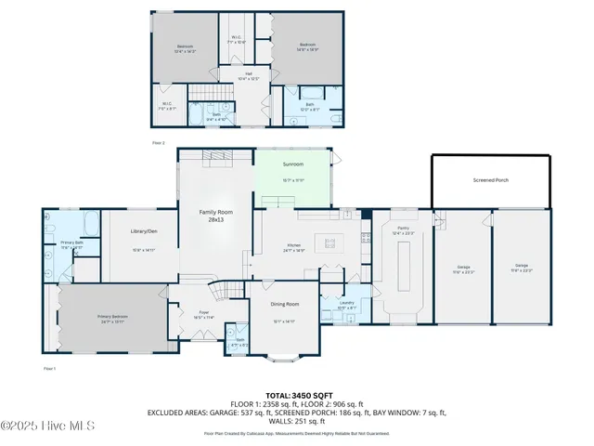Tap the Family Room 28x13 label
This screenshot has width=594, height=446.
(214, 216)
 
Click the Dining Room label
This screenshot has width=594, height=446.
(285, 305)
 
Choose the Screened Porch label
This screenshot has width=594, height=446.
(489, 180)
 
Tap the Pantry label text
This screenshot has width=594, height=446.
(404, 228)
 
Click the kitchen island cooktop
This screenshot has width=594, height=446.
(329, 244)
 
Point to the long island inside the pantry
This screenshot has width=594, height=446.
(405, 270)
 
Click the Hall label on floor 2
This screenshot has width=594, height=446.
(249, 74)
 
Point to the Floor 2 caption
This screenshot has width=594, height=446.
(158, 142)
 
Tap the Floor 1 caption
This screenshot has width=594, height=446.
(49, 369)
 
